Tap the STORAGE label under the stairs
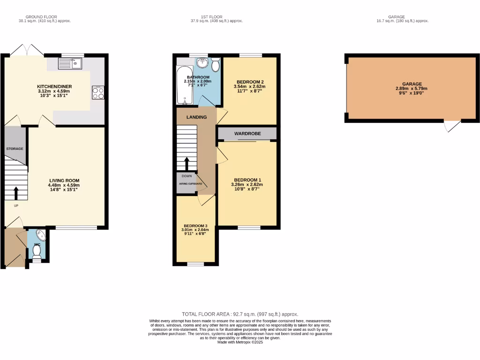tap(15, 149)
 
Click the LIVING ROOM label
tap(65, 180)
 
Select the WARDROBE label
tap(247, 134)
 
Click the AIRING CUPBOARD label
tap(190, 184)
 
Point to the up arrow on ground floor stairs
tap(16, 193)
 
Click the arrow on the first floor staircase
tap(187, 164)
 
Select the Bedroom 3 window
tap(195, 264)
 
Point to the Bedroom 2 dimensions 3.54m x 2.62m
tap(249, 86)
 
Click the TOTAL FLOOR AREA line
tap(240, 314)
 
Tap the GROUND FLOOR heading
tap(45, 17)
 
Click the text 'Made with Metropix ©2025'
tap(240, 342)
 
